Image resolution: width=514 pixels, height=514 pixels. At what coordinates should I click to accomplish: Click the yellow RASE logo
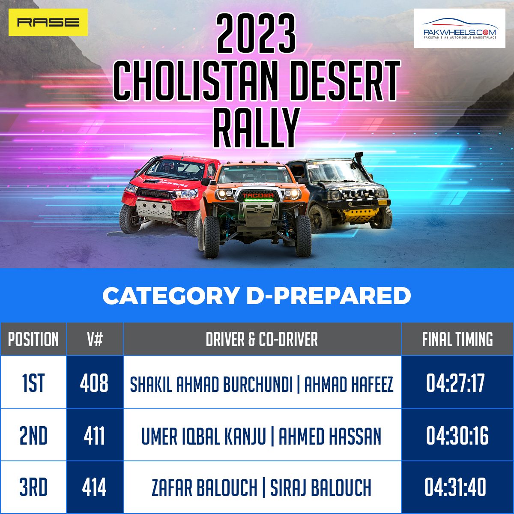pos(48,22)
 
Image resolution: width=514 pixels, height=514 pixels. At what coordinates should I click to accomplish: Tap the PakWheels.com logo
pos(460,28)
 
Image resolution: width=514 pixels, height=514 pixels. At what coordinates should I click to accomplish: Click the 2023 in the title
pos(256,33)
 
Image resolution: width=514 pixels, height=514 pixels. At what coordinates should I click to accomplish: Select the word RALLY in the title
pos(256,128)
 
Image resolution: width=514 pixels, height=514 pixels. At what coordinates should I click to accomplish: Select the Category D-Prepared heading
pos(257,296)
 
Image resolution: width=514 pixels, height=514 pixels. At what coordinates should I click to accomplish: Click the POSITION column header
pos(33,339)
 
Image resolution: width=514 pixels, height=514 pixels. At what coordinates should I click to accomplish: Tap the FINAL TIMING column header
pos(457,339)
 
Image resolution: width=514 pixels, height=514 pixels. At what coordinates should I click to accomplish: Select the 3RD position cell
pos(33,487)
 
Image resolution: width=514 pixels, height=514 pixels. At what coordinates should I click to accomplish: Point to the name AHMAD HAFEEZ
pos(349,384)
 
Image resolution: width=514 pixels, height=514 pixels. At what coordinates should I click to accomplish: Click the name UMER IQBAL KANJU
pos(203,436)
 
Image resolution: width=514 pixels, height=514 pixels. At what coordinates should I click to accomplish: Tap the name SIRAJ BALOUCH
pos(321,487)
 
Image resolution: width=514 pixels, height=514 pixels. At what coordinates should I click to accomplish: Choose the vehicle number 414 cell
pos(94,487)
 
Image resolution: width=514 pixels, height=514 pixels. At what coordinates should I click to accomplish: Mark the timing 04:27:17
pos(455,383)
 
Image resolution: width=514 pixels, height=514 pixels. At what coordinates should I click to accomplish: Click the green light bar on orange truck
pos(258,200)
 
